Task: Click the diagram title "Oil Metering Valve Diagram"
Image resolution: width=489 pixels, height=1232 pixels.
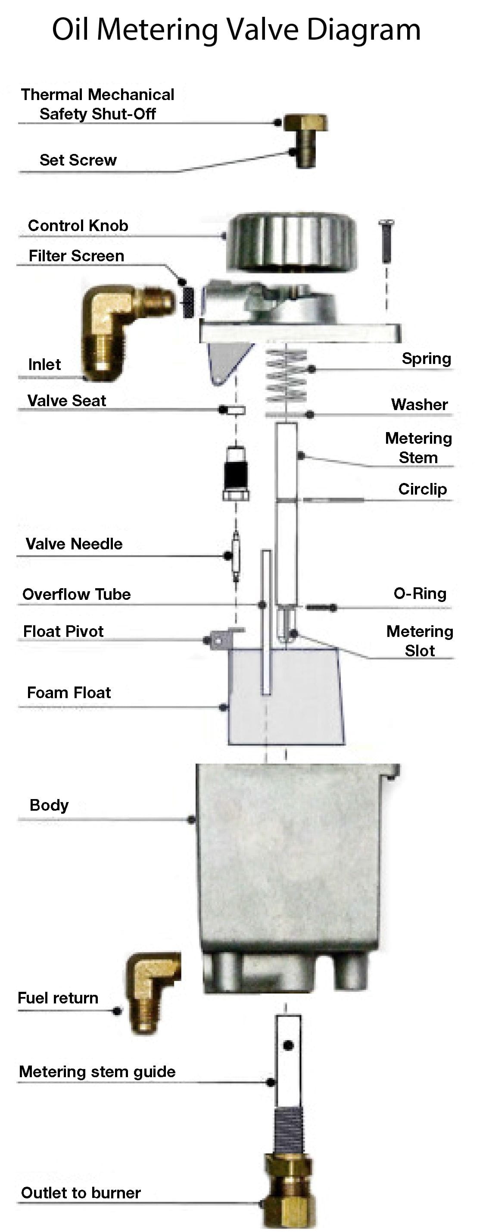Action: pyautogui.click(x=236, y=30)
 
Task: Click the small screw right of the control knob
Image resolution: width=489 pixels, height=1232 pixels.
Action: pyautogui.click(x=386, y=241)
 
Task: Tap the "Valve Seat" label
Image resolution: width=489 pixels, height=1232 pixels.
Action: pyautogui.click(x=66, y=401)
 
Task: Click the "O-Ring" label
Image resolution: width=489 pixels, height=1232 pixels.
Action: pyautogui.click(x=420, y=593)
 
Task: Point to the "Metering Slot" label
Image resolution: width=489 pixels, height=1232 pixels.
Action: pyautogui.click(x=420, y=641)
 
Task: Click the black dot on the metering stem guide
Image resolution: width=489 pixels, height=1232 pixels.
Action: pyautogui.click(x=288, y=1045)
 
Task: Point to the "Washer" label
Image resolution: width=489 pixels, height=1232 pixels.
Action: pyautogui.click(x=419, y=404)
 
